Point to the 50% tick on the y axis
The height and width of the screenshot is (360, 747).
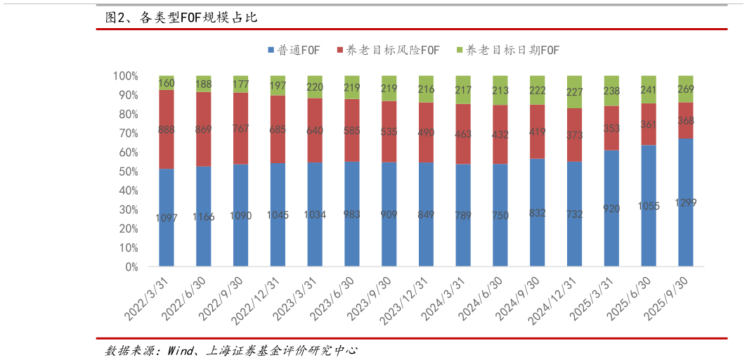click(x=127, y=172)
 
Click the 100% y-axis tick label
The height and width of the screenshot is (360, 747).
click(x=124, y=76)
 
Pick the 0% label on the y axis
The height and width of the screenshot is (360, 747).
click(x=131, y=267)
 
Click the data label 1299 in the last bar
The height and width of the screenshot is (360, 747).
click(x=685, y=202)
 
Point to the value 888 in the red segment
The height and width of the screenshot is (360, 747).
click(x=167, y=129)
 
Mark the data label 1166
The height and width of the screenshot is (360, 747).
click(x=203, y=217)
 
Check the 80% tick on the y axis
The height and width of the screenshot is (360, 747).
click(x=127, y=114)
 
